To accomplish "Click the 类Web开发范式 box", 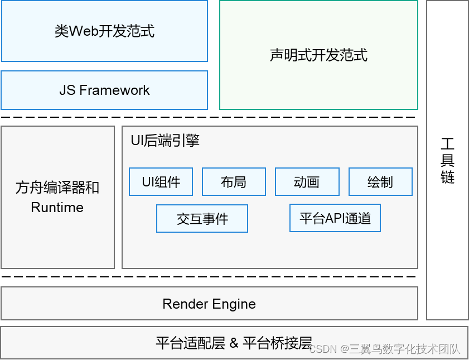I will [x=104, y=31].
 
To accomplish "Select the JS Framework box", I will [x=104, y=90].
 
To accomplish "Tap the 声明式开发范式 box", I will [x=318, y=55].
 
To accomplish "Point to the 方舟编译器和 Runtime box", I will [x=57, y=197].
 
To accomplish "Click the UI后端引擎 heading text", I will [x=165, y=141].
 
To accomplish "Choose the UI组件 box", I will [x=161, y=182].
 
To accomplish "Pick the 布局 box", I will [x=234, y=182].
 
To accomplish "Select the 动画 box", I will [x=307, y=182].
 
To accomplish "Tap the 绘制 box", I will [x=380, y=182].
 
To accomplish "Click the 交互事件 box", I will [x=202, y=218].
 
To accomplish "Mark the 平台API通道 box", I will [x=335, y=218].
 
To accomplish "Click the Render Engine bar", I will [x=209, y=304].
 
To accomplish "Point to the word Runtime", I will [x=57, y=208].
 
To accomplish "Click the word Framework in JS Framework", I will [x=115, y=90].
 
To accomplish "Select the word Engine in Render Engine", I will [x=234, y=304].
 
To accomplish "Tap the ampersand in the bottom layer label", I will [x=233, y=343].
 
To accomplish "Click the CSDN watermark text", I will [x=323, y=349].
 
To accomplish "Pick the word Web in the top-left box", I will [x=84, y=31].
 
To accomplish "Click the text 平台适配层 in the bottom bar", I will [x=190, y=343].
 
